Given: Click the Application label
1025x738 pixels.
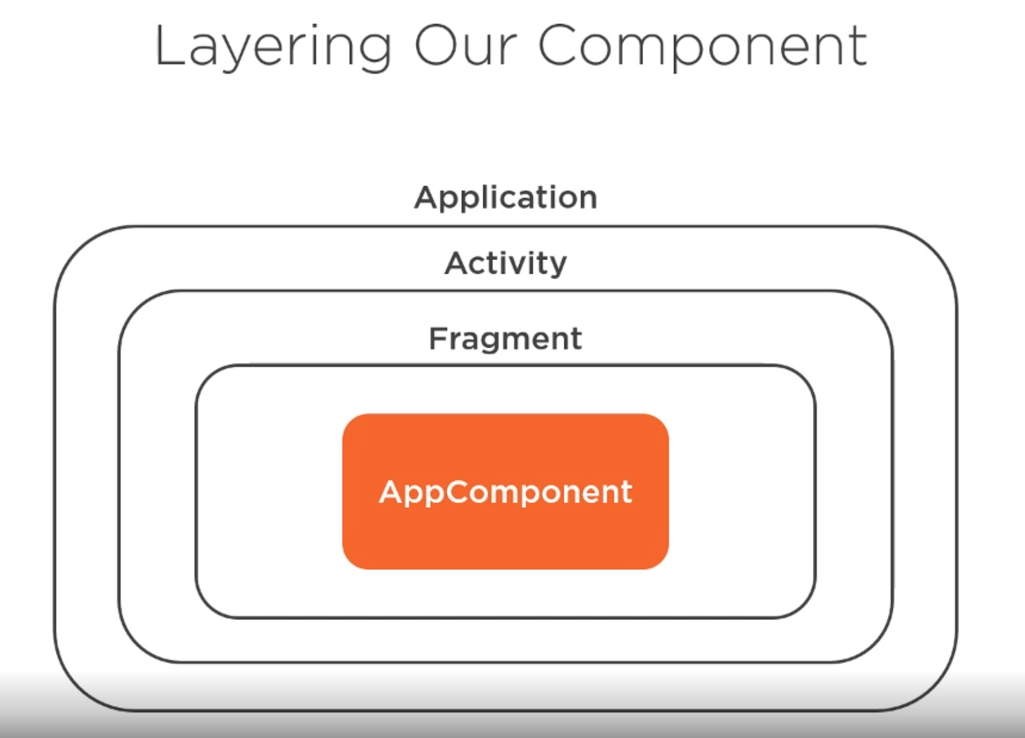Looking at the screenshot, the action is [505, 198].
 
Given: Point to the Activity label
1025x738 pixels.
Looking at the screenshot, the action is [505, 264].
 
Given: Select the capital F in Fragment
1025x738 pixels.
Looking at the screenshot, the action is [438, 338].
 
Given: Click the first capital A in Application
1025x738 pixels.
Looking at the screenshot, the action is [426, 197].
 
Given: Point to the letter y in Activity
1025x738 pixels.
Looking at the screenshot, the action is [557, 267].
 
